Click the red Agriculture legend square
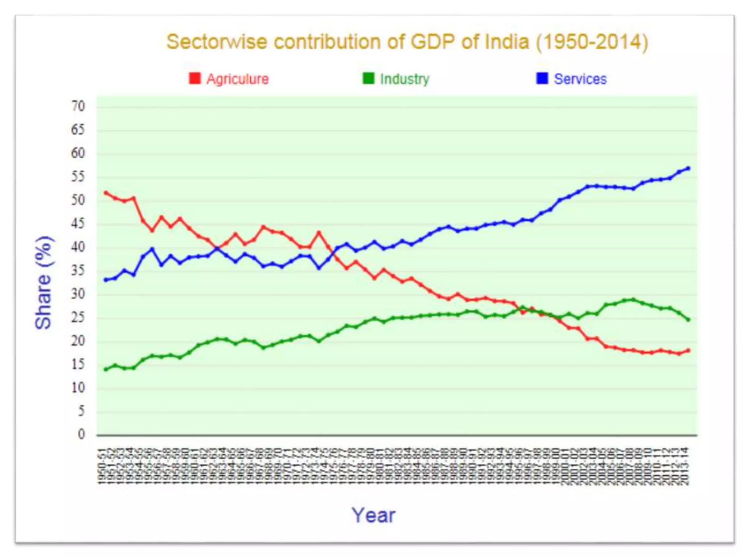click(195, 78)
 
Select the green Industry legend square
click(368, 78)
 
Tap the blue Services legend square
click(542, 78)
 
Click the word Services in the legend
click(580, 79)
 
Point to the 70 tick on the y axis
click(78, 106)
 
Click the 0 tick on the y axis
click(81, 434)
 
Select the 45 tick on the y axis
click(78, 223)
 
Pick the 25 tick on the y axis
click(78, 318)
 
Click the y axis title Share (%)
click(44, 283)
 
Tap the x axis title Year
click(373, 515)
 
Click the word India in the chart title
click(507, 42)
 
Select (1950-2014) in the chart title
click(592, 43)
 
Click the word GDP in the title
click(432, 42)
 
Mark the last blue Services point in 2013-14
click(688, 168)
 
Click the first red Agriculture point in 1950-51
click(106, 193)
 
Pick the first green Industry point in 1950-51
click(106, 369)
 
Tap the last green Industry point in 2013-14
click(688, 320)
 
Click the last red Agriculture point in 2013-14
click(688, 350)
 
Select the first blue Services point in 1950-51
click(106, 280)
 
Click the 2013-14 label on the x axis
click(686, 466)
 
